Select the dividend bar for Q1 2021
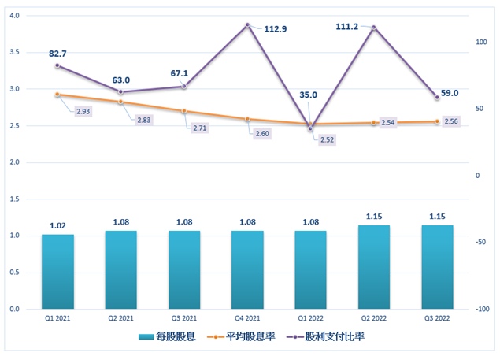(x=57, y=272)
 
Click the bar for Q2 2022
(x=374, y=267)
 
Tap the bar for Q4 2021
(x=247, y=269)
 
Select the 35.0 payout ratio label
(x=308, y=95)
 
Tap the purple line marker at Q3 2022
(x=437, y=97)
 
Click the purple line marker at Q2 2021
(x=120, y=92)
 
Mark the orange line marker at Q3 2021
(x=184, y=111)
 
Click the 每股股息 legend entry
(x=169, y=336)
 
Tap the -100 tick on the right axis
(x=480, y=310)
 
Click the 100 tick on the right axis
(x=480, y=42)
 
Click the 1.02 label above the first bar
(x=57, y=225)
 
